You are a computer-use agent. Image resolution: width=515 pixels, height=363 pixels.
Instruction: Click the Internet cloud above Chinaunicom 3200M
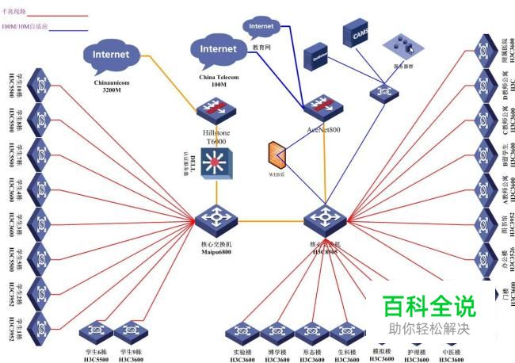tap(111, 55)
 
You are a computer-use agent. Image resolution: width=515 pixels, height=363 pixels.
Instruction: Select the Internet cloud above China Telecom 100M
tap(218, 50)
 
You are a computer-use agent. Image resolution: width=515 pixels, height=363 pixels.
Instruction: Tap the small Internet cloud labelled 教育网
tap(261, 27)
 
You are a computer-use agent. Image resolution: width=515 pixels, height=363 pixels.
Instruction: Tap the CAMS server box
tap(356, 34)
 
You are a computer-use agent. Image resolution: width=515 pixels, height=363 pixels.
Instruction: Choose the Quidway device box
tap(319, 55)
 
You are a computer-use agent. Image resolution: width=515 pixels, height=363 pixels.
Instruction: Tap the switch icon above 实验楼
tap(238, 331)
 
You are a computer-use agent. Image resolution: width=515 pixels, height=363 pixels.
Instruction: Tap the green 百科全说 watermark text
tap(428, 307)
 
